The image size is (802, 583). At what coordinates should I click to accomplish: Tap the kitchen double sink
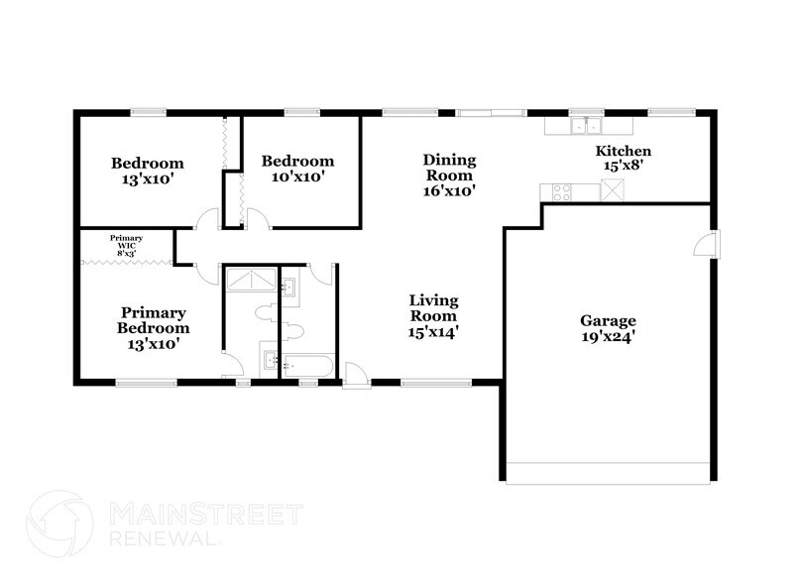click(581, 126)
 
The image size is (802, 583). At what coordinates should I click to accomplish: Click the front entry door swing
click(355, 373)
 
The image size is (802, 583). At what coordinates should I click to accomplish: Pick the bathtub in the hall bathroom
click(306, 364)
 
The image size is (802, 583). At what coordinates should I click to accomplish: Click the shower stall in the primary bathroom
click(251, 282)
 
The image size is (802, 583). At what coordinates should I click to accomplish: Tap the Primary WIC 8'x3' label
click(126, 244)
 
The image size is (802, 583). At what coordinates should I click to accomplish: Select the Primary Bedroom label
click(153, 319)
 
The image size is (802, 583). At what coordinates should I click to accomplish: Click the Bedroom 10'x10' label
click(297, 169)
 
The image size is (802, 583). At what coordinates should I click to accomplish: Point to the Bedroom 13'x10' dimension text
click(147, 179)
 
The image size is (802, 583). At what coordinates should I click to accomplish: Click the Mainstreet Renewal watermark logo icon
click(60, 525)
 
